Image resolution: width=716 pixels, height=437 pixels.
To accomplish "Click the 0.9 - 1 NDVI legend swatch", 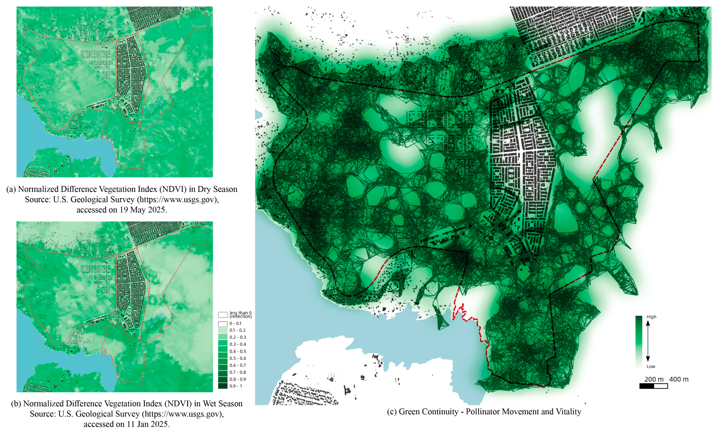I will point(223,386).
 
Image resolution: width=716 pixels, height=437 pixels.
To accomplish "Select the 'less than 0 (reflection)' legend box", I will point(223,315).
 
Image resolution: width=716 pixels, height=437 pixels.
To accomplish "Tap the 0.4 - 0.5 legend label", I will point(238,351).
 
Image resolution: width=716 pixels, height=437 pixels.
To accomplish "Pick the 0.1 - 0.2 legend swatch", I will point(223,330).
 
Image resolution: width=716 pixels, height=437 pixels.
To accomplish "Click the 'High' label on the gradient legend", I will point(651,317).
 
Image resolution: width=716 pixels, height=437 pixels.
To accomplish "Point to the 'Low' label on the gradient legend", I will point(651,366).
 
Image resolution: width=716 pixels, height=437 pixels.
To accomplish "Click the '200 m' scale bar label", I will point(654,379).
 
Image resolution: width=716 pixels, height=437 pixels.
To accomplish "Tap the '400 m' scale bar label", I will point(679,379).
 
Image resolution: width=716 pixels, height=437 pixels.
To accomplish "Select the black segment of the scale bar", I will point(647,386).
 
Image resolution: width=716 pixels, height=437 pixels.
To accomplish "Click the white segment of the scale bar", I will point(661,386).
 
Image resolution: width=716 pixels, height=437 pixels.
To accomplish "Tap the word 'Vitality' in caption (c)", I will point(568,412).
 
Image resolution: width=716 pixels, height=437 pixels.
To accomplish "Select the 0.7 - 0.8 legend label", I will point(238,372).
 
